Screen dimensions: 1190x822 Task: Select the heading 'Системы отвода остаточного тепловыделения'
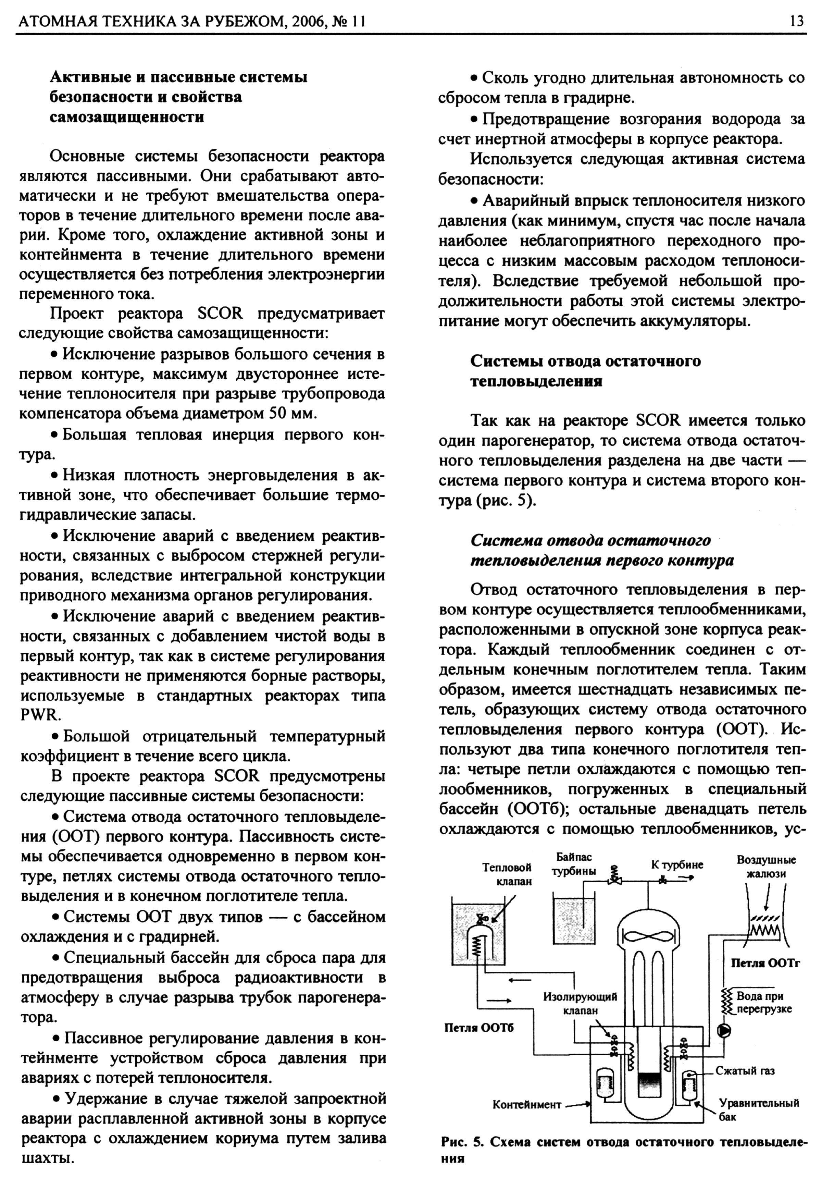coord(586,371)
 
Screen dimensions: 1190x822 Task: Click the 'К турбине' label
coord(677,865)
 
